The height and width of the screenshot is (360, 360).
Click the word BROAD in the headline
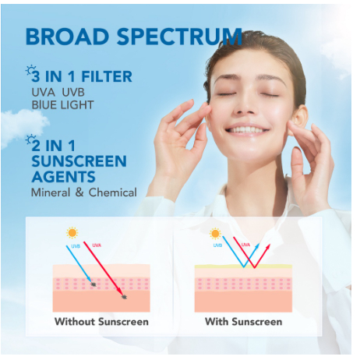point(67,37)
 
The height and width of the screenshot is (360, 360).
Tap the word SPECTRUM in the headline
point(179,37)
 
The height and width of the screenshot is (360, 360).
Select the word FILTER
point(107,76)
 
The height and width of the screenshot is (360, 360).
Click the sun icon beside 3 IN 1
point(30,70)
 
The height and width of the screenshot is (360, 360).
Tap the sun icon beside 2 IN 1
point(30,139)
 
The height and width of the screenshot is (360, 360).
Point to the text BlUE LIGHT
point(62,105)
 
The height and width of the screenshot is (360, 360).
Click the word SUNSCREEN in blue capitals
point(79,161)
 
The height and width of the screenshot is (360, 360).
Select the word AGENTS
point(64,177)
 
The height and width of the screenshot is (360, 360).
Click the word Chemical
point(112,192)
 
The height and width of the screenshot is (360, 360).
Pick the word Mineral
point(51,192)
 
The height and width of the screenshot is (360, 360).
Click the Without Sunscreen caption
point(101,322)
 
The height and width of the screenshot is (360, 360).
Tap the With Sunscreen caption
point(243,322)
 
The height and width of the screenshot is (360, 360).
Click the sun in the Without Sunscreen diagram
point(72,233)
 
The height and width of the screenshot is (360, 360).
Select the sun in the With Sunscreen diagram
point(215,234)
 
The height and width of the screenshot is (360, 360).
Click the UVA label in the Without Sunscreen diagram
point(97,245)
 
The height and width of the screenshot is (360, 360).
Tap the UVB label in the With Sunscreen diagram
point(217,245)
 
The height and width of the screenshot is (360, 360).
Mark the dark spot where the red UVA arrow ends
point(124,297)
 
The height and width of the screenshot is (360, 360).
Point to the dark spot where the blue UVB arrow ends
point(94,284)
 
